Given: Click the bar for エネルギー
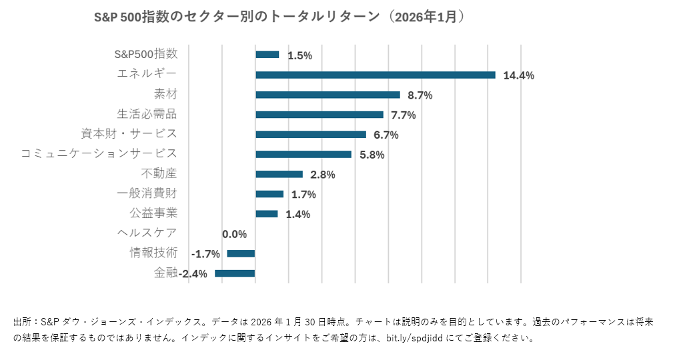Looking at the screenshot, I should (375, 75).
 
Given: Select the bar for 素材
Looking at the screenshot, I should (327, 95).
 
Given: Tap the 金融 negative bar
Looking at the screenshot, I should (235, 273).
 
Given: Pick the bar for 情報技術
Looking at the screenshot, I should (241, 253).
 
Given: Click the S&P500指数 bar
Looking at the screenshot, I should (267, 55).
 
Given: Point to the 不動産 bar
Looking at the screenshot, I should (279, 174).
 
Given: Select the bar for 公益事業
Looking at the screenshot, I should (266, 214).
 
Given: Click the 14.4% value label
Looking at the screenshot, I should (518, 75).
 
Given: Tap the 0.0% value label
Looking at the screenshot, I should (234, 234).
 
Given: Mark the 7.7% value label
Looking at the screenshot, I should (403, 115).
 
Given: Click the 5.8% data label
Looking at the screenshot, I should (372, 155).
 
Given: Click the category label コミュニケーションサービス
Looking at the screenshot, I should (99, 153).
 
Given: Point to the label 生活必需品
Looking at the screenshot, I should (147, 113).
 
